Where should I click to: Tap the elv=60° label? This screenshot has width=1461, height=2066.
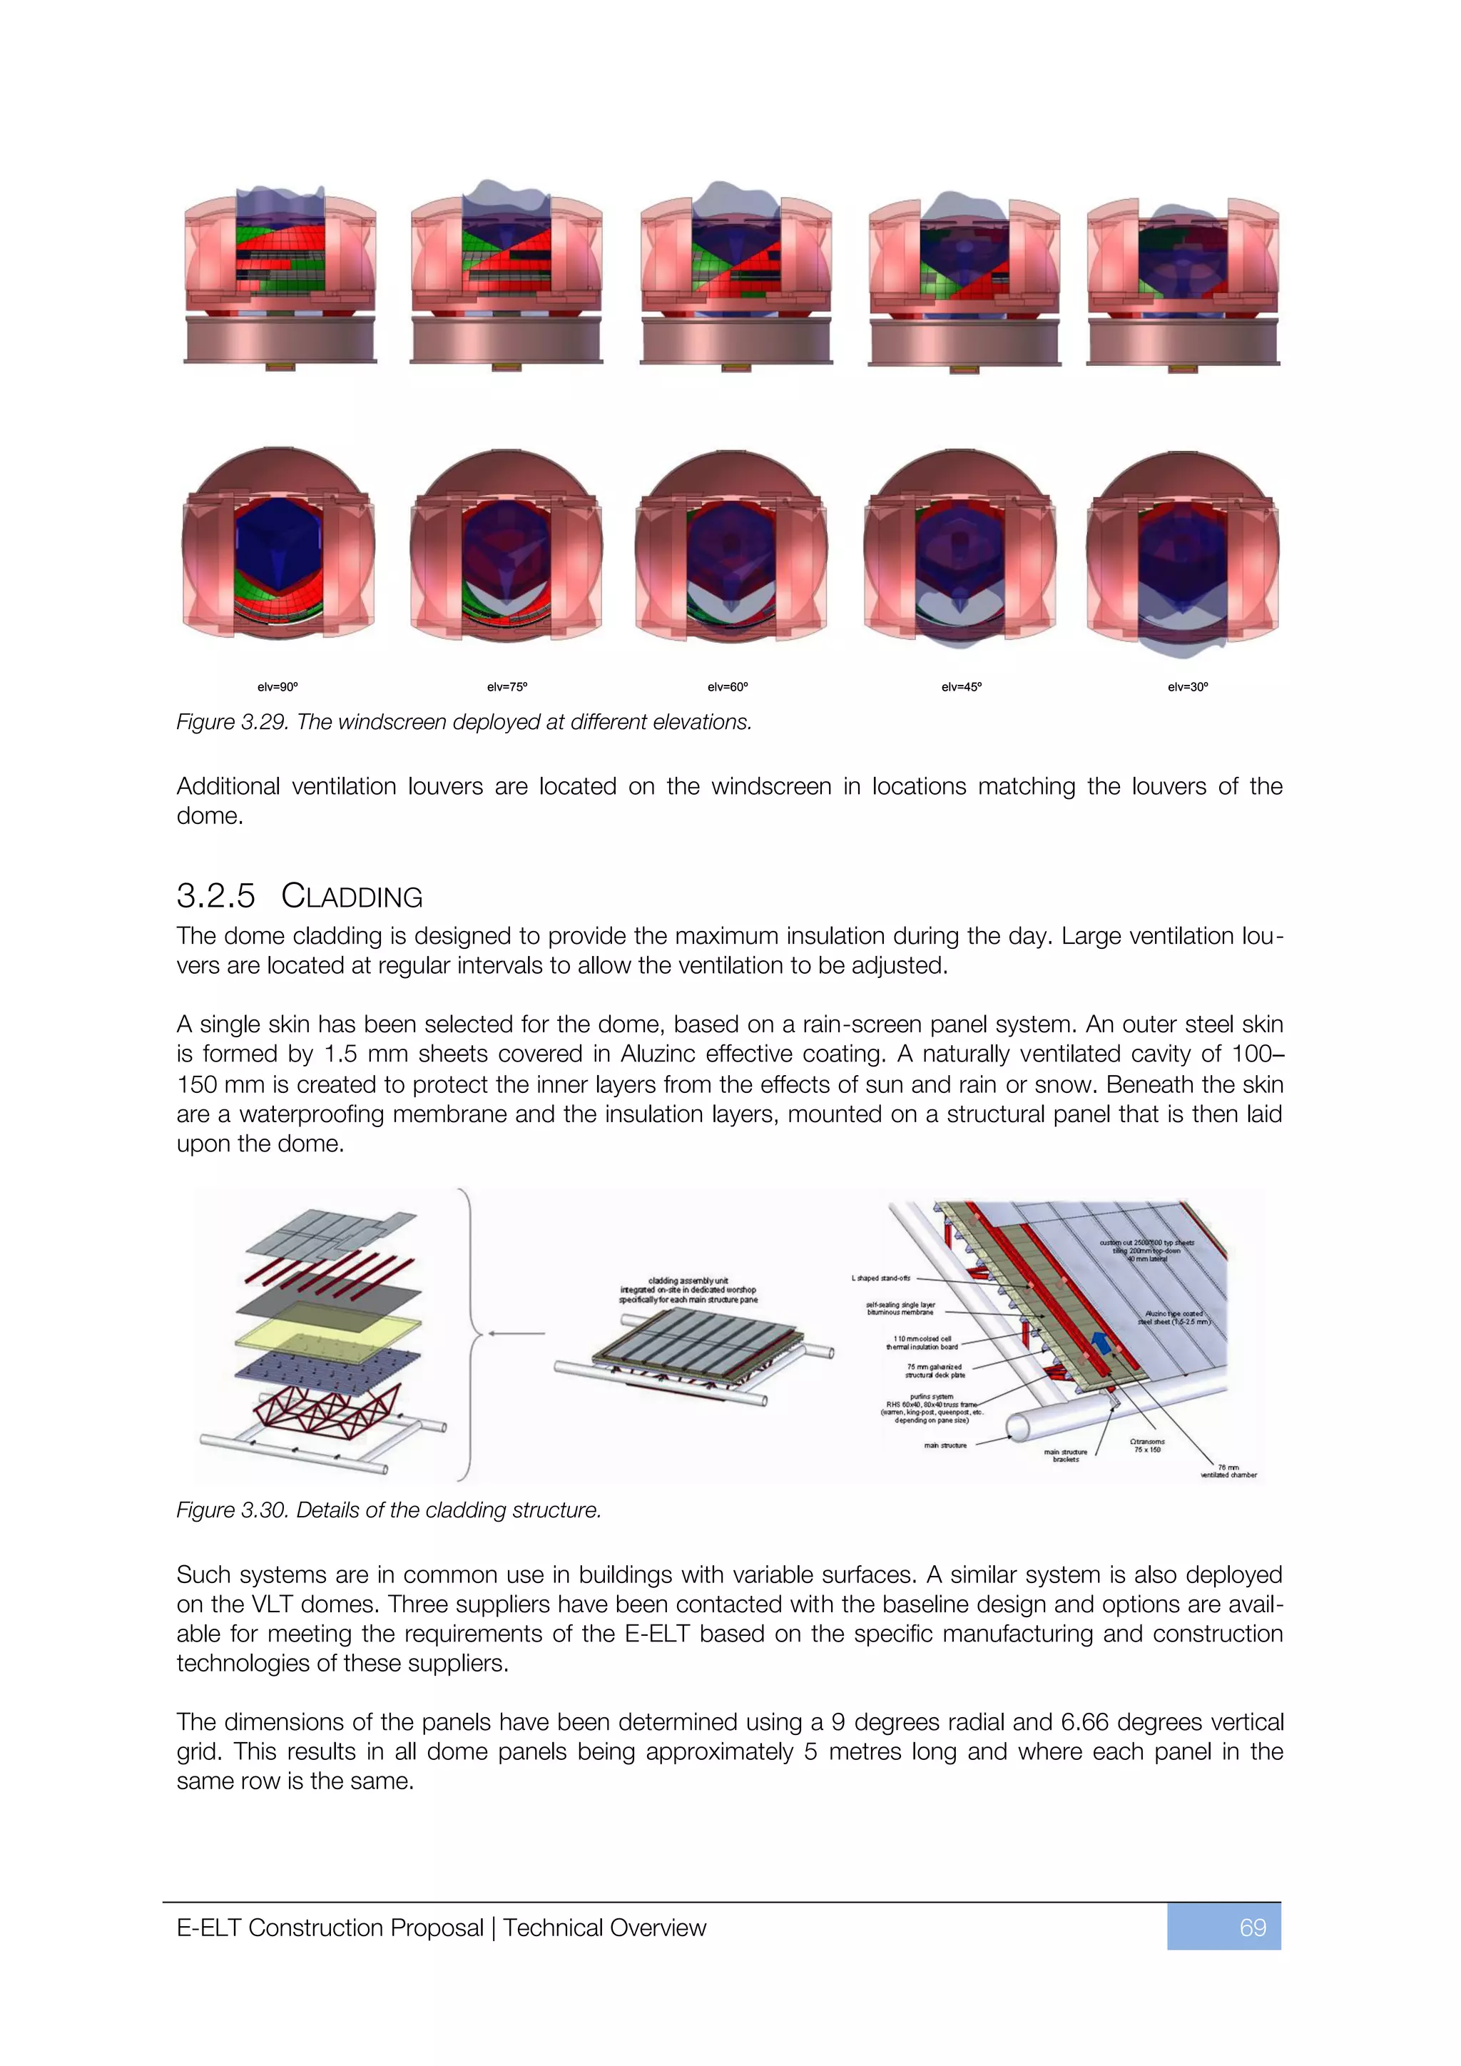728,686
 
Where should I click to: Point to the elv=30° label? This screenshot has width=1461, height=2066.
1188,686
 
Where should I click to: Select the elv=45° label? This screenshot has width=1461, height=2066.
962,686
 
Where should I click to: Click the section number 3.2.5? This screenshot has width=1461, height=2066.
216,896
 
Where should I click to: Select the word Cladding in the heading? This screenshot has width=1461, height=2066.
352,896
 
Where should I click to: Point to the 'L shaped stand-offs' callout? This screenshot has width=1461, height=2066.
881,1278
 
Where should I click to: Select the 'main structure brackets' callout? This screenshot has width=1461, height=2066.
1065,1455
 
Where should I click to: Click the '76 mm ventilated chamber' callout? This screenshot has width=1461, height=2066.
1229,1471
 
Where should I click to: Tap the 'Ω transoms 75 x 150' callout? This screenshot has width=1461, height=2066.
1147,1445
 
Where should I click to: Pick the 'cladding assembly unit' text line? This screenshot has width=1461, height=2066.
688,1281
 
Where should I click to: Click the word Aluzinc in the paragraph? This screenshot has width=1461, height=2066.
658,1054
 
